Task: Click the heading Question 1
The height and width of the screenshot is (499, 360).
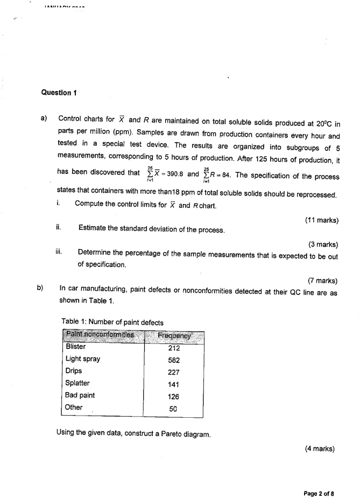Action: pos(59,92)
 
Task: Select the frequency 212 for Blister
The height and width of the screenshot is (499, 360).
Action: pos(173,347)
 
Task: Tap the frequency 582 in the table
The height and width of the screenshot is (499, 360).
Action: pos(173,360)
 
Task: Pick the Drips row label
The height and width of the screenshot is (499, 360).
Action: pos(74,371)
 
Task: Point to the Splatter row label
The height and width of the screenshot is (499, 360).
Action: pos(77,383)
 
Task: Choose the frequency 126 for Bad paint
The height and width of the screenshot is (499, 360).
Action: pos(173,396)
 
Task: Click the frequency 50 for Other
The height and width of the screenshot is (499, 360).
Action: pos(173,409)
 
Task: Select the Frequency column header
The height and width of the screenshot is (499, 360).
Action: pos(173,335)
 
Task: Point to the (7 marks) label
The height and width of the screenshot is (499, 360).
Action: pos(323,280)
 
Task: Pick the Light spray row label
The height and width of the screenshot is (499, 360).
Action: pos(83,359)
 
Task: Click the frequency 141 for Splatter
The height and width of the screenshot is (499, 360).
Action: pos(173,384)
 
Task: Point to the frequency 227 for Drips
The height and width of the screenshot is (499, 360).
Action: pos(173,372)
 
